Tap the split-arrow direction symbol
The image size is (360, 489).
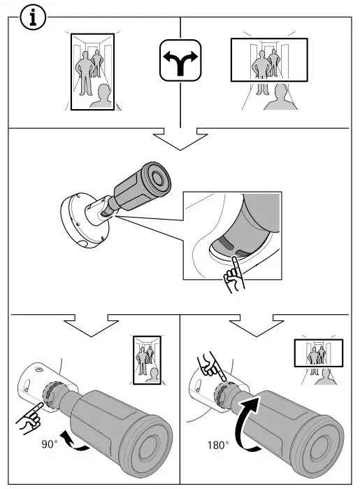[180, 68]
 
